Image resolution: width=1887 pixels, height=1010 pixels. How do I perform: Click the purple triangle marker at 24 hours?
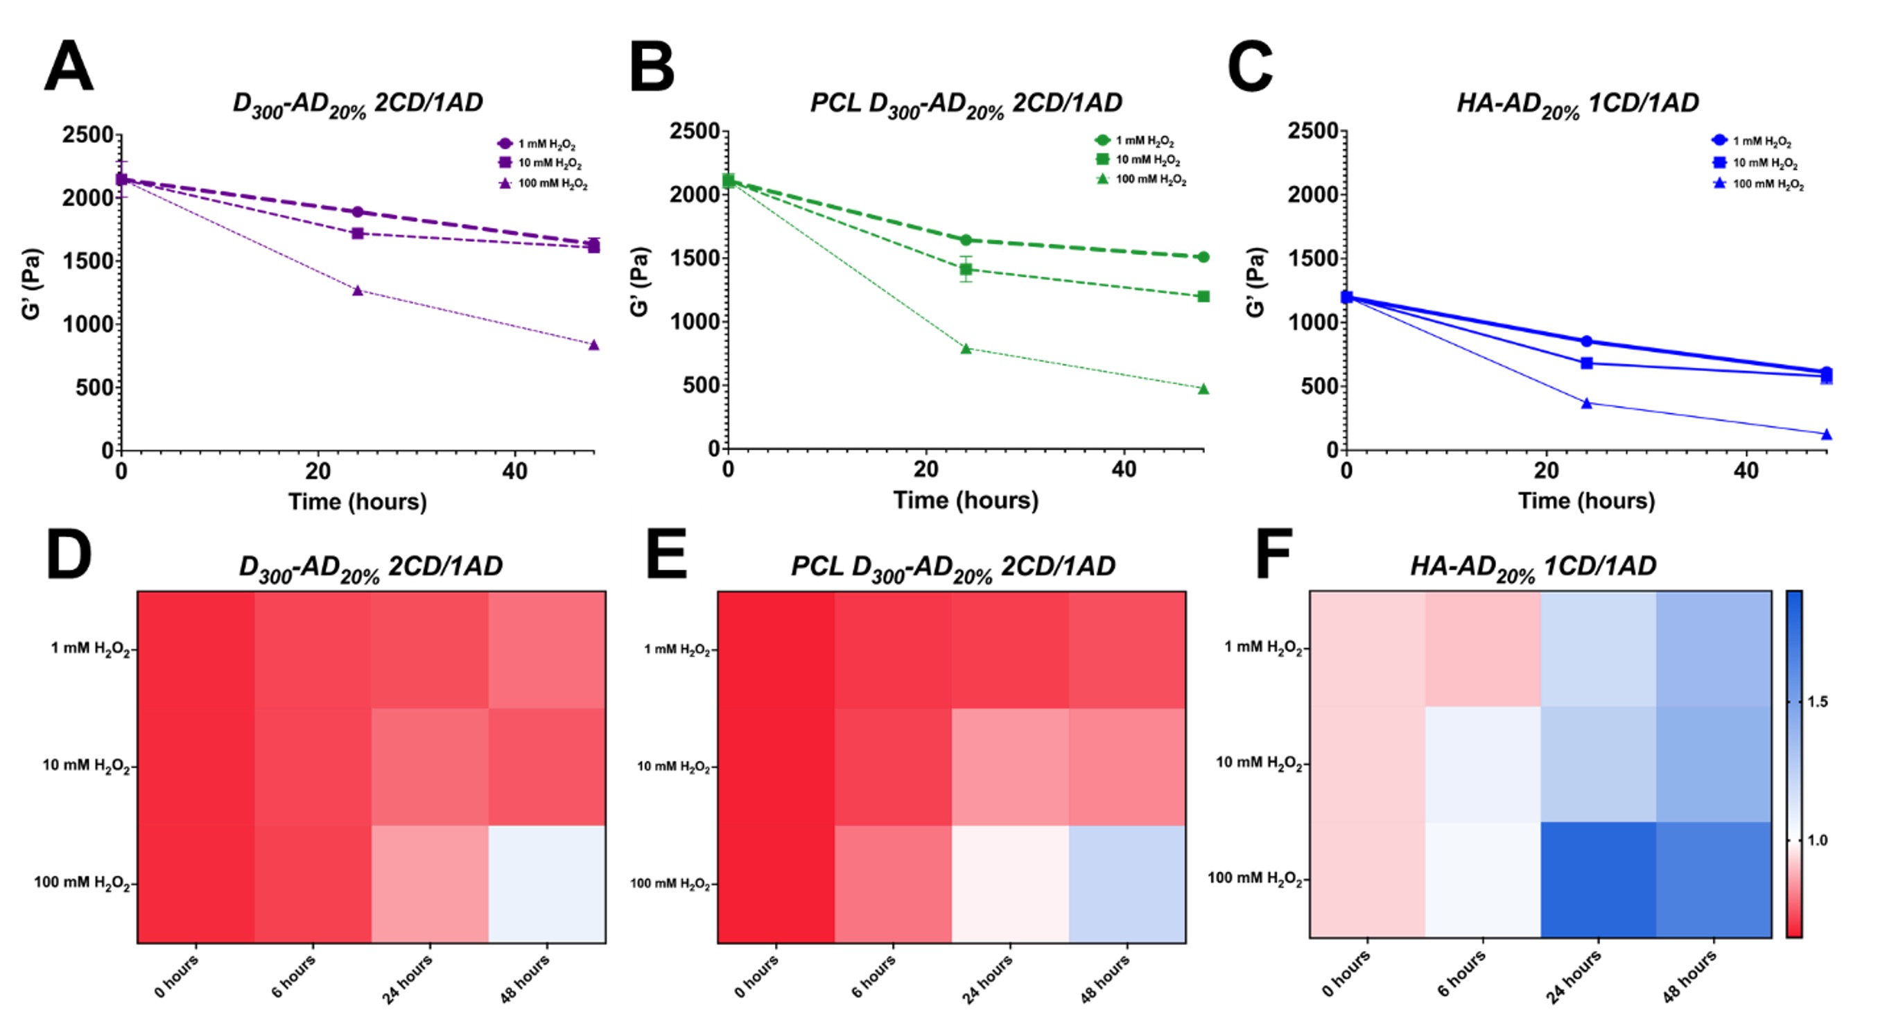click(358, 290)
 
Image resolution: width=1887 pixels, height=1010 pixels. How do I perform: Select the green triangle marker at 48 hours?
click(1203, 389)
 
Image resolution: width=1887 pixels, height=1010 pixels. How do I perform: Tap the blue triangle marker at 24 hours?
click(1587, 403)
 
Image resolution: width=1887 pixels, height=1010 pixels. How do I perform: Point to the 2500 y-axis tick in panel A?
click(87, 134)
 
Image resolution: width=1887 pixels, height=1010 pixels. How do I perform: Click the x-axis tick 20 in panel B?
click(926, 469)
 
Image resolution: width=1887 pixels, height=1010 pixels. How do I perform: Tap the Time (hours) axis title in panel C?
click(1586, 501)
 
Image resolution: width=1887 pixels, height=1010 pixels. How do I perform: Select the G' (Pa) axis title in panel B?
click(639, 282)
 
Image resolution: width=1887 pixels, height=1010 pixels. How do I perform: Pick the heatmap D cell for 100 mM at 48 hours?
click(547, 884)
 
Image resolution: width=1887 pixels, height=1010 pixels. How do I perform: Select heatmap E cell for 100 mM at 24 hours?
click(1010, 884)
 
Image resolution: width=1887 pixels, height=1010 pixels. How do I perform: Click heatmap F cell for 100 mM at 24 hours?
click(1599, 880)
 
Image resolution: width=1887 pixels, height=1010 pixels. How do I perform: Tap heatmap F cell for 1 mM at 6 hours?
click(1484, 649)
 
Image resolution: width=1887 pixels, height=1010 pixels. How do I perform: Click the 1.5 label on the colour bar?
click(1818, 702)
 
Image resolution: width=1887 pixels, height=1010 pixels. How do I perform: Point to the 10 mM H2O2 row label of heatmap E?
click(673, 767)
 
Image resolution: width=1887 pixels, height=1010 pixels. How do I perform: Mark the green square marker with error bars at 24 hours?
click(966, 270)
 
